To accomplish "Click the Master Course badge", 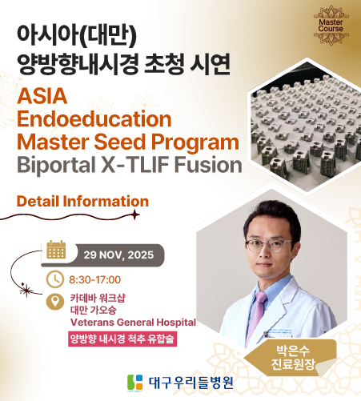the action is pyautogui.click(x=331, y=26).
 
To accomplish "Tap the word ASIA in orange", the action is pyautogui.click(x=42, y=96).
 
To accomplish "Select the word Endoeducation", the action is pyautogui.click(x=94, y=119).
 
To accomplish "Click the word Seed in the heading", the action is pyautogui.click(x=120, y=142).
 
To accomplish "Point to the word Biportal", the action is pyautogui.click(x=56, y=165).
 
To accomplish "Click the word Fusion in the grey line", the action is pyautogui.click(x=208, y=165).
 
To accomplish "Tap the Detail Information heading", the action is pyautogui.click(x=82, y=201).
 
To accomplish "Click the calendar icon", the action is pyautogui.click(x=56, y=250).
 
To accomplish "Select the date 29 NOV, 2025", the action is pyautogui.click(x=118, y=255).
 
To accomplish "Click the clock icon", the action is pyautogui.click(x=55, y=279).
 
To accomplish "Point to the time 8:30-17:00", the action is pyautogui.click(x=95, y=279).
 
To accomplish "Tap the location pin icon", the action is pyautogui.click(x=55, y=302).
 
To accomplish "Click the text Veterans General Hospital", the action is pyautogui.click(x=133, y=323).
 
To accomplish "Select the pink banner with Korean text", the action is pyautogui.click(x=122, y=339).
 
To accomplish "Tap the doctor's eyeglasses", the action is pyautogui.click(x=269, y=246).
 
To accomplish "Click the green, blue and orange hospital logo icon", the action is pyautogui.click(x=135, y=383).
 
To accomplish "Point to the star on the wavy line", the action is pyautogui.click(x=135, y=215).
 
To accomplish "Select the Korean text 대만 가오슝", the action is pyautogui.click(x=94, y=310).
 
